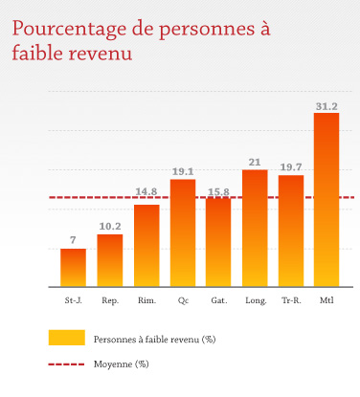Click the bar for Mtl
[x=326, y=200]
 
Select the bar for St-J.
[x=73, y=268]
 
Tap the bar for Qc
[x=183, y=233]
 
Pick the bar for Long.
[x=255, y=229]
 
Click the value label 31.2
[x=326, y=106]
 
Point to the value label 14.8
[x=146, y=191]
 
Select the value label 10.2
[x=110, y=227]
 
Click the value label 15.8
[x=219, y=191]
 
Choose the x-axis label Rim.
[x=146, y=300]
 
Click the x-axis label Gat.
[x=219, y=300]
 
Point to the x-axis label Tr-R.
[x=291, y=300]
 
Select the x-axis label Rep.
[x=110, y=300]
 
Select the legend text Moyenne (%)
[x=121, y=364]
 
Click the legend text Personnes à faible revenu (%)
[x=153, y=340]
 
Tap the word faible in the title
[x=38, y=55]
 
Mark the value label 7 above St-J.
[x=73, y=239]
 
